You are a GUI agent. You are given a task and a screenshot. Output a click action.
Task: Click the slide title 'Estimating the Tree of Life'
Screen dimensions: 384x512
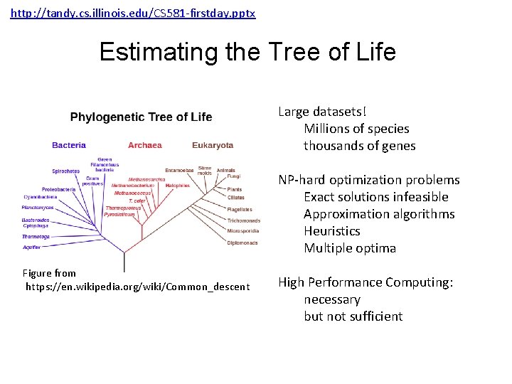click(x=247, y=52)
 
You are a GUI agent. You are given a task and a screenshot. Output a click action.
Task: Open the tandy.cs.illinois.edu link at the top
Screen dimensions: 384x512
click(x=133, y=14)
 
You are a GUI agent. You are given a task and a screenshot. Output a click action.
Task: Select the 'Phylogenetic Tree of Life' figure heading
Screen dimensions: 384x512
click(x=141, y=117)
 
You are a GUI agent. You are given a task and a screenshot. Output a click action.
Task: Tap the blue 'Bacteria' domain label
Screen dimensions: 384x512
click(x=69, y=145)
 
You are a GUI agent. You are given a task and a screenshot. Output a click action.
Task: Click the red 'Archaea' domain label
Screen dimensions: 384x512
click(x=145, y=145)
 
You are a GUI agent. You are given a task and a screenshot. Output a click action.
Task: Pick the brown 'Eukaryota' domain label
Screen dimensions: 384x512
click(x=213, y=145)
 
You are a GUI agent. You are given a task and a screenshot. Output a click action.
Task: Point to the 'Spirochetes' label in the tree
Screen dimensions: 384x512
click(x=65, y=171)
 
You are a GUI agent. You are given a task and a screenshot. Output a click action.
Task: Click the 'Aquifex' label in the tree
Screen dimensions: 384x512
click(x=31, y=247)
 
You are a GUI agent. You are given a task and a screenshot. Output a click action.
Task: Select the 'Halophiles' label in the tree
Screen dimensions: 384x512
click(x=178, y=186)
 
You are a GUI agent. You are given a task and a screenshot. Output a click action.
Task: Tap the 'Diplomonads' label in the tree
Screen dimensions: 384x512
click(x=242, y=242)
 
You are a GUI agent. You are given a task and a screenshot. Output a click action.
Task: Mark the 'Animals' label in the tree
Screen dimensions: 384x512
click(x=225, y=170)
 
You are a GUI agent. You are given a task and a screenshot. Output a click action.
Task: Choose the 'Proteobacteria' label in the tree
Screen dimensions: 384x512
click(x=58, y=189)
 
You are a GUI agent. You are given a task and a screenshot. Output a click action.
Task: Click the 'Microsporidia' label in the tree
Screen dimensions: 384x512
click(x=243, y=231)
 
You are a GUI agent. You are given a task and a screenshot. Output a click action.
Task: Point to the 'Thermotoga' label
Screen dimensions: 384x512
click(x=36, y=236)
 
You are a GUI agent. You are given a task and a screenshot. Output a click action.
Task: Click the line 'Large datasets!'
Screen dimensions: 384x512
click(x=322, y=112)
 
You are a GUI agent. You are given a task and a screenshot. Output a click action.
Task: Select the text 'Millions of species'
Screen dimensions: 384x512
click(x=356, y=129)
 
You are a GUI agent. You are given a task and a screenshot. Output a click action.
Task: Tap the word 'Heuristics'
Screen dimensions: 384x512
click(x=332, y=231)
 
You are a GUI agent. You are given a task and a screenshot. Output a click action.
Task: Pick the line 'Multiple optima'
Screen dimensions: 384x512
click(x=350, y=248)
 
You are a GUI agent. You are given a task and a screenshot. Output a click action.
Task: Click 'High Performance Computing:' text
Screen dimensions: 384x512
click(x=366, y=282)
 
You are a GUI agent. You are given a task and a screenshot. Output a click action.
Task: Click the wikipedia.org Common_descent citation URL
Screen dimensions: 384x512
click(x=138, y=287)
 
